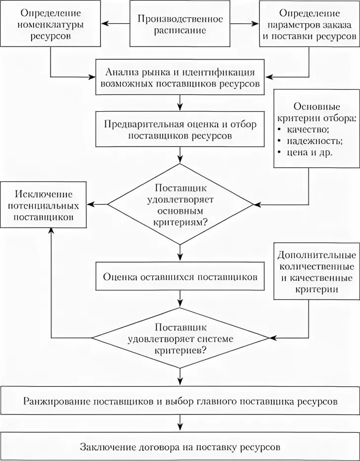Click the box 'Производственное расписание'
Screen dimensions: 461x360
180,24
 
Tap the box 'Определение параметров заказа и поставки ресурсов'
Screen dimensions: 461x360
309,24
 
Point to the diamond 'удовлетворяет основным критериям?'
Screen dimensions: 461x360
180,204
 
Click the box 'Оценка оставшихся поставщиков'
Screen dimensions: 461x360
180,277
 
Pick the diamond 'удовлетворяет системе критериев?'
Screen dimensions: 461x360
180,338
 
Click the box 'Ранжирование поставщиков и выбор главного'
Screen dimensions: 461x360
180,401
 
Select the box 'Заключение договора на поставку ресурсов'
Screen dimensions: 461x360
180,447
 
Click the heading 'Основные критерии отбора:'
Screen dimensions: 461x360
316,112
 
